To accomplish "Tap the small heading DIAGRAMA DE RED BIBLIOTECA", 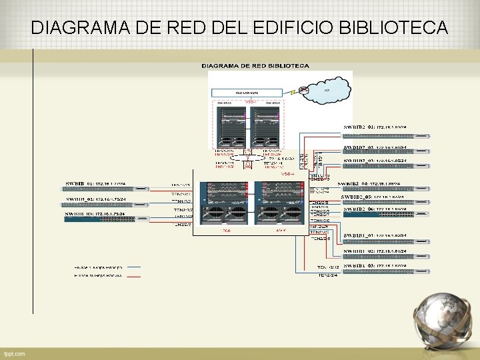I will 255,66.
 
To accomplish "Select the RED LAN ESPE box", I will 247,93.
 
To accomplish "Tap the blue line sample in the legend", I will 134,267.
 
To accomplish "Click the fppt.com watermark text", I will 14,353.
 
